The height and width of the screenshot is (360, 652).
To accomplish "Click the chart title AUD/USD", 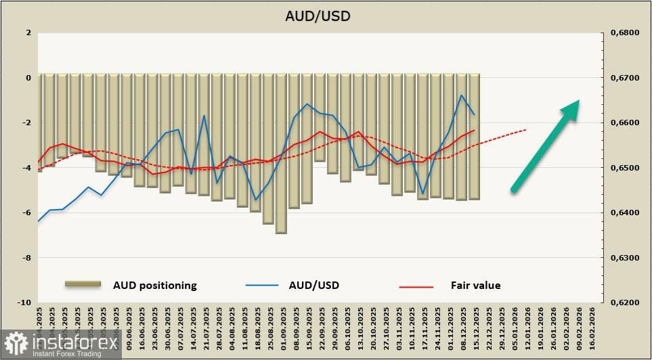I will coord(326,16).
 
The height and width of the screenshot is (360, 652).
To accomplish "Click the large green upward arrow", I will coord(545,145).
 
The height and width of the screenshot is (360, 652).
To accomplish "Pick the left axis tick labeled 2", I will coord(28,32).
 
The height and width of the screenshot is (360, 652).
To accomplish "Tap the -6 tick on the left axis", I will coord(27,212).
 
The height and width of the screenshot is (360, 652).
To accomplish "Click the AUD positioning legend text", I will coord(154,286).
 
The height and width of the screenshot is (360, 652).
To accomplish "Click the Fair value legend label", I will coord(475,286).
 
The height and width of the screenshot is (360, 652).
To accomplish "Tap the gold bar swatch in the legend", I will coord(83,285).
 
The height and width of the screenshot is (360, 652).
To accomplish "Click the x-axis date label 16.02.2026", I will coord(593,326).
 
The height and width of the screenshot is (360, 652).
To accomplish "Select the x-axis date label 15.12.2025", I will coord(476,326).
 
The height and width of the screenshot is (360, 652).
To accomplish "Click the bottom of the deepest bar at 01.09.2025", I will coord(281,233).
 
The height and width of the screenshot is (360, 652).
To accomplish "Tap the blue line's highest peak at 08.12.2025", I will coord(461,95).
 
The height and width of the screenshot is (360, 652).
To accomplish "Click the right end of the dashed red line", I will coord(527,129).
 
